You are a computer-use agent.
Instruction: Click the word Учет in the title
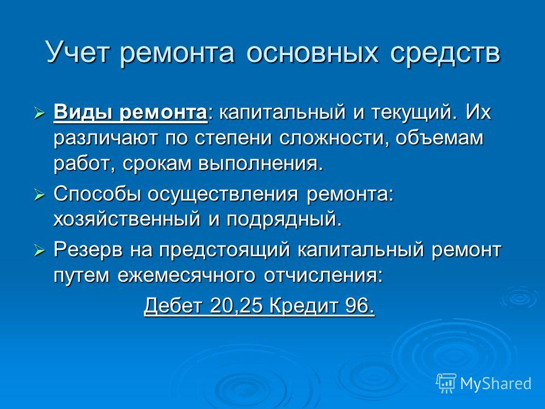[78, 53]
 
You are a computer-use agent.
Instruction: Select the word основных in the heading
[312, 53]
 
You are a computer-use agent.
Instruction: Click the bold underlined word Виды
[83, 112]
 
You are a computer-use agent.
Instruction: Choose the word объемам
[439, 137]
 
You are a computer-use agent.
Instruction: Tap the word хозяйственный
[127, 219]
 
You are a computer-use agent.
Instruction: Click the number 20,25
[235, 306]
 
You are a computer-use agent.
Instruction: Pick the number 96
[360, 306]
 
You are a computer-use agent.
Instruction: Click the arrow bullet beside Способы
[40, 195]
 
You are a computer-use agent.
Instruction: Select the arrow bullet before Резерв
[40, 251]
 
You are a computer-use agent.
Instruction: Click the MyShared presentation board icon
[446, 383]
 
